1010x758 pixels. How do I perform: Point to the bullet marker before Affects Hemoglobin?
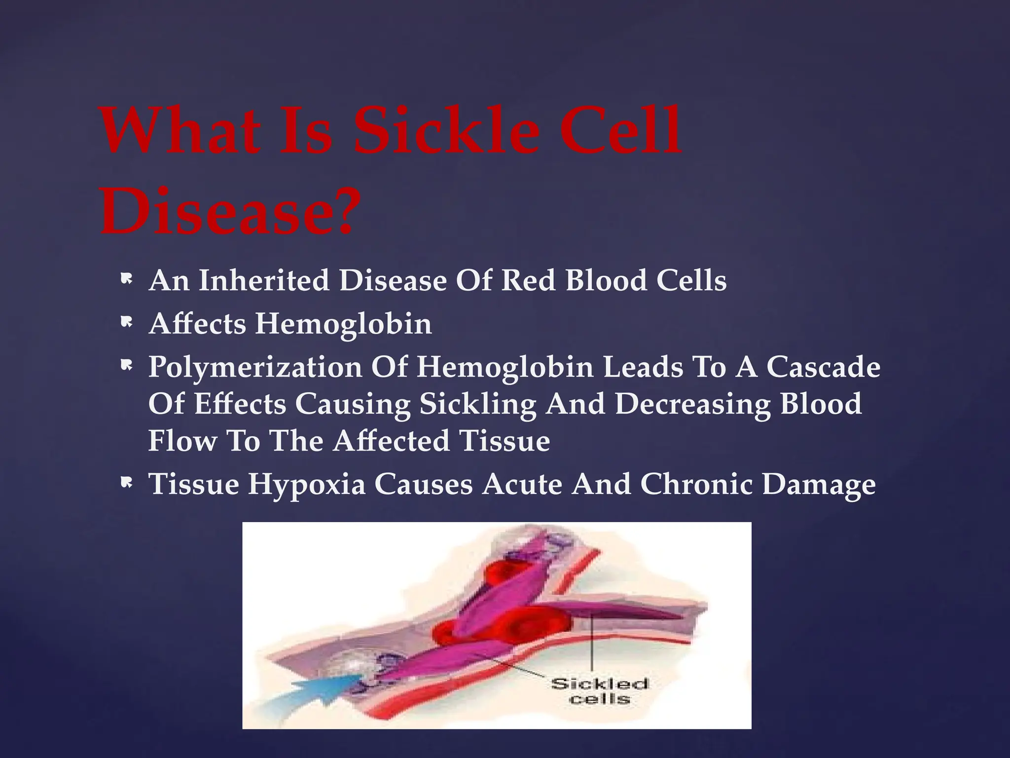[127, 323]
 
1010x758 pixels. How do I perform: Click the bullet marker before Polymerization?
[127, 366]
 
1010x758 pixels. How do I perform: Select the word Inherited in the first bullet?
[264, 280]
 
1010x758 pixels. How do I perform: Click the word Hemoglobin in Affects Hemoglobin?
[343, 324]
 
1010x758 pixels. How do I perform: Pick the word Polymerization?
[255, 368]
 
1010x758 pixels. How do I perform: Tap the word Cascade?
[823, 367]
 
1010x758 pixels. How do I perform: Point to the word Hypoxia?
[306, 484]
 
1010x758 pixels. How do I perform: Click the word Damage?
[819, 484]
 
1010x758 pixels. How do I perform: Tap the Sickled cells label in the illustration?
[599, 691]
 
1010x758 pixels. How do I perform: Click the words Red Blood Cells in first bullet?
[613, 280]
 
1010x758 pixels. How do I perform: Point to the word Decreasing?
[693, 405]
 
